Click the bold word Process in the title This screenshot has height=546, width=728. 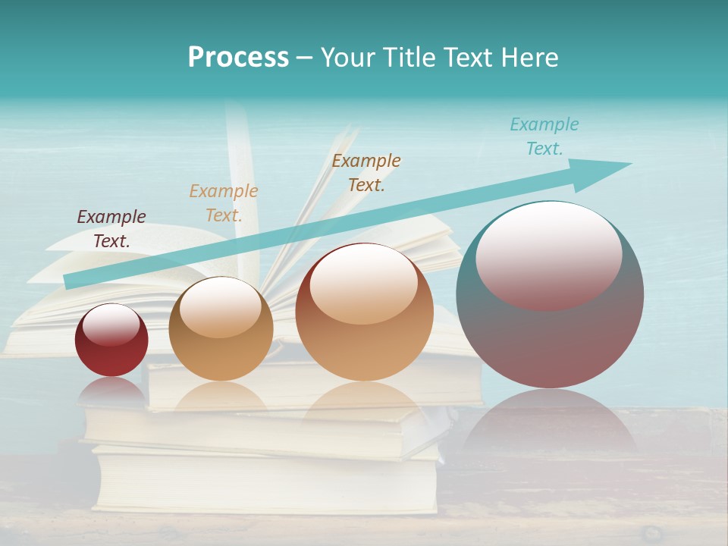point(238,57)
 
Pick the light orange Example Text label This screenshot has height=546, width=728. point(224,203)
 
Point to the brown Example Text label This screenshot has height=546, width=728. point(366,173)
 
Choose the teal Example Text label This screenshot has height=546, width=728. point(544,136)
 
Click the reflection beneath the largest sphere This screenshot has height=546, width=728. point(550,425)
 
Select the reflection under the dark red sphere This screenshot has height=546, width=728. point(111,391)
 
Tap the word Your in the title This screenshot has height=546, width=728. point(348,57)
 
